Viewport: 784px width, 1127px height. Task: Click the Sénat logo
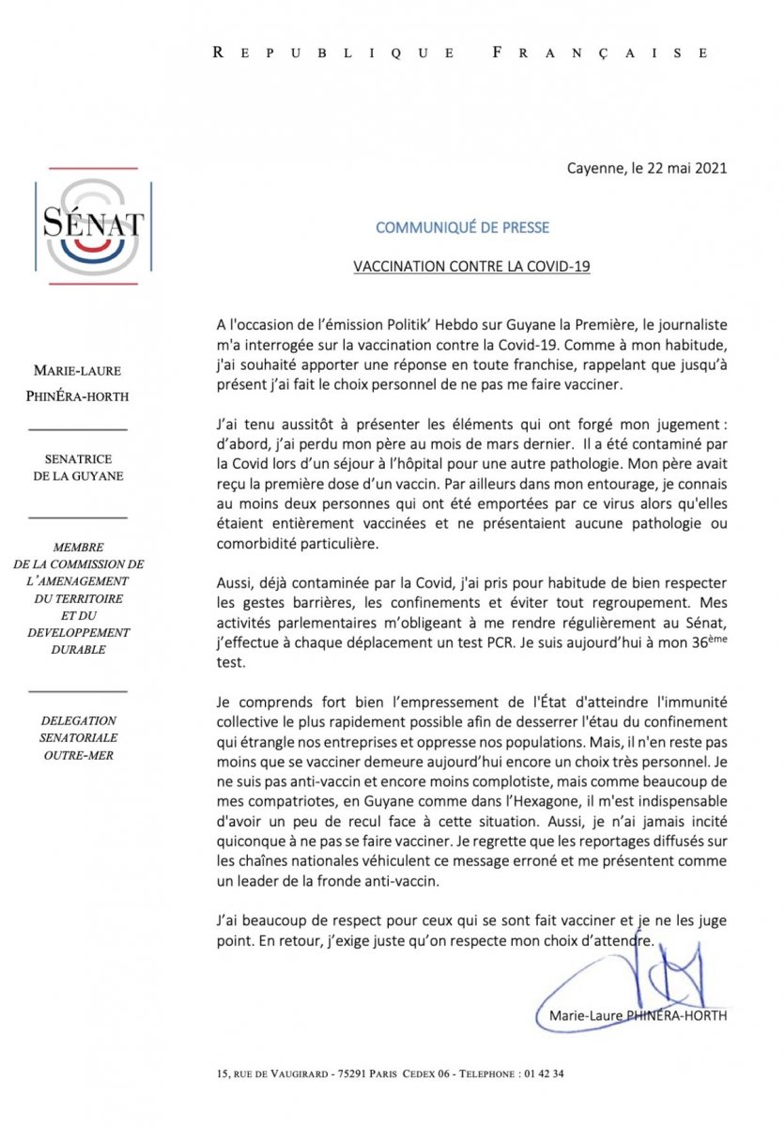click(93, 224)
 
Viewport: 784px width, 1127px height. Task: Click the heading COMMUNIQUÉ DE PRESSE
click(462, 227)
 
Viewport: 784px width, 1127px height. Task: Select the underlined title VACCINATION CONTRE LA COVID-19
click(471, 267)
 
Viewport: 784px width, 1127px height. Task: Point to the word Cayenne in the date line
click(596, 169)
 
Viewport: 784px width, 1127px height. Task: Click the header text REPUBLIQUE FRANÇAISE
click(461, 54)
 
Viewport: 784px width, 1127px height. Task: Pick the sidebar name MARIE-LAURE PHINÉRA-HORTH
click(77, 383)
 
